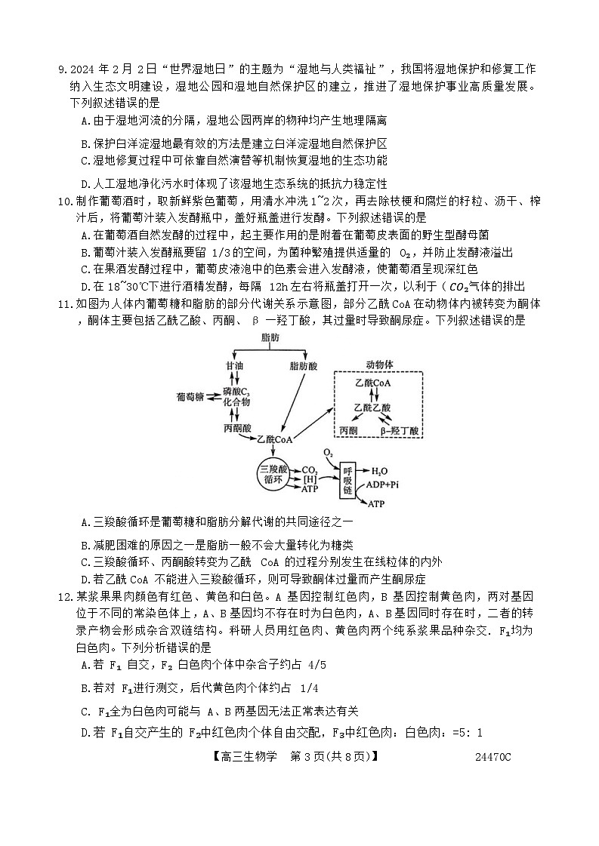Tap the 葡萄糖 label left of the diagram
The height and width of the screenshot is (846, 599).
189,396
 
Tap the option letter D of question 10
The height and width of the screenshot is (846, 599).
85,287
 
